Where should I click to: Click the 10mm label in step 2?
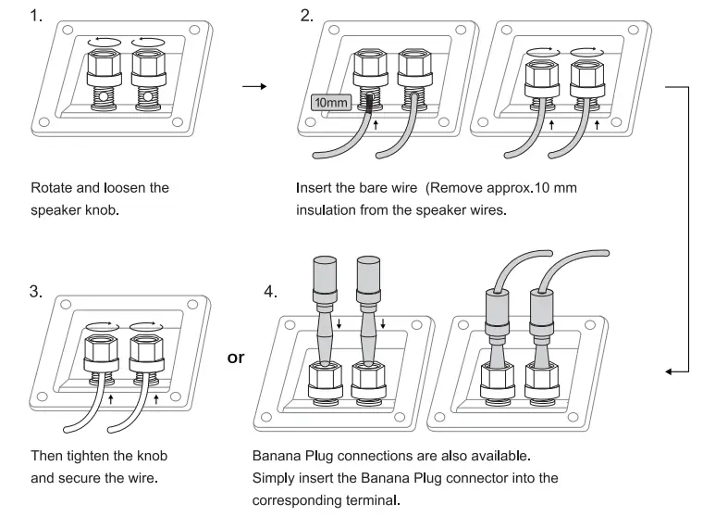[331, 102]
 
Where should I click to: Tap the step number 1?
[37, 18]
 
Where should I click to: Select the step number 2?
[307, 17]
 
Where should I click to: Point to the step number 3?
[37, 290]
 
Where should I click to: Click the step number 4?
[270, 291]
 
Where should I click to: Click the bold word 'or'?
[236, 357]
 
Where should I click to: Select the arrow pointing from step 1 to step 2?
[253, 88]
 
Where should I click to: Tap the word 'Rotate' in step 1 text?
[52, 188]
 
